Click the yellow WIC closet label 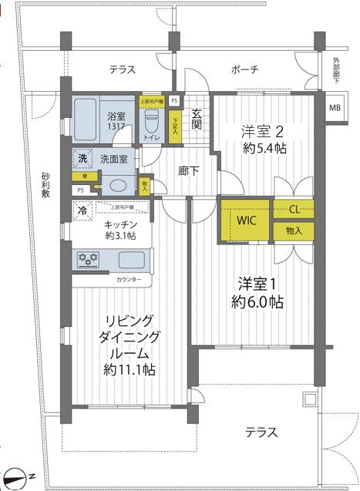click(x=246, y=220)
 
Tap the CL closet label click(x=294, y=210)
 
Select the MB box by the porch click(x=335, y=108)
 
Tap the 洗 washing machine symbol click(x=82, y=158)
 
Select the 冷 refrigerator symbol click(x=82, y=208)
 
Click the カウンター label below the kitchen click(x=130, y=280)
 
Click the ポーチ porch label click(x=244, y=70)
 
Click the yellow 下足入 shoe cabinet click(x=176, y=126)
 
